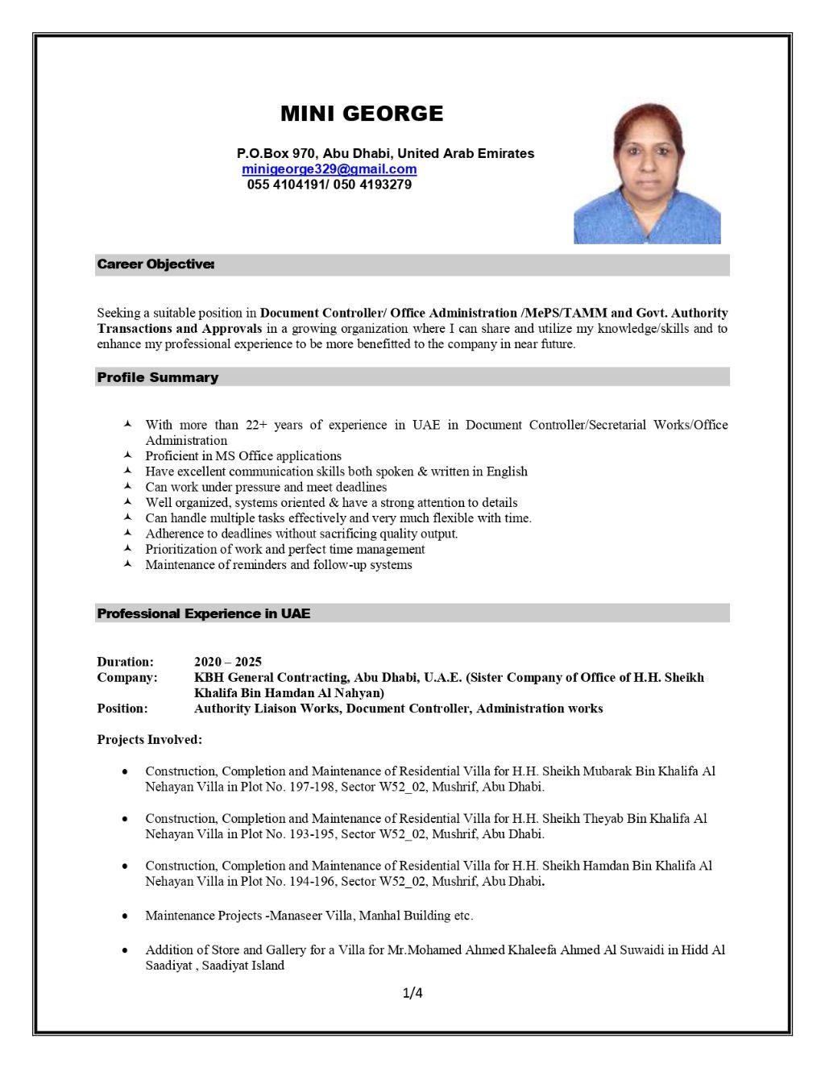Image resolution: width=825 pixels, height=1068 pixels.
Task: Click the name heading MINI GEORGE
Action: pyautogui.click(x=362, y=114)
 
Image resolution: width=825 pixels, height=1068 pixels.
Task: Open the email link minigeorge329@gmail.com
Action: pyautogui.click(x=329, y=169)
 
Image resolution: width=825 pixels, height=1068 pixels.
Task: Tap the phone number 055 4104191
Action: pyautogui.click(x=286, y=185)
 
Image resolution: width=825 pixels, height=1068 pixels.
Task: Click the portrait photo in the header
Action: pyautogui.click(x=647, y=173)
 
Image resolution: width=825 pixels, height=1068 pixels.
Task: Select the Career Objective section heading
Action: pyautogui.click(x=155, y=264)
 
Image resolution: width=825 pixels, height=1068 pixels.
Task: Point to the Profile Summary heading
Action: pyautogui.click(x=158, y=377)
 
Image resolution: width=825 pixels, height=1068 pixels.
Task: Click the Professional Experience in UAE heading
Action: pyautogui.click(x=203, y=613)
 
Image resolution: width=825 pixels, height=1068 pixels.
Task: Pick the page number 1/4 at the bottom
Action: pyautogui.click(x=412, y=993)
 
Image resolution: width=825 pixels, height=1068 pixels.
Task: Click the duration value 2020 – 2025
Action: pyautogui.click(x=228, y=662)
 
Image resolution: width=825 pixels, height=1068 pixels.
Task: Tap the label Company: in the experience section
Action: pyautogui.click(x=127, y=677)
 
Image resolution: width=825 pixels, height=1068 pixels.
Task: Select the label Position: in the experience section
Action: pyautogui.click(x=122, y=709)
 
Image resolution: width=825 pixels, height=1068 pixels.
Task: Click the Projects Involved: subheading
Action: pyautogui.click(x=149, y=739)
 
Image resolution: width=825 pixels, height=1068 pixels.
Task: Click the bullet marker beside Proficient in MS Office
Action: pyautogui.click(x=127, y=455)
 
